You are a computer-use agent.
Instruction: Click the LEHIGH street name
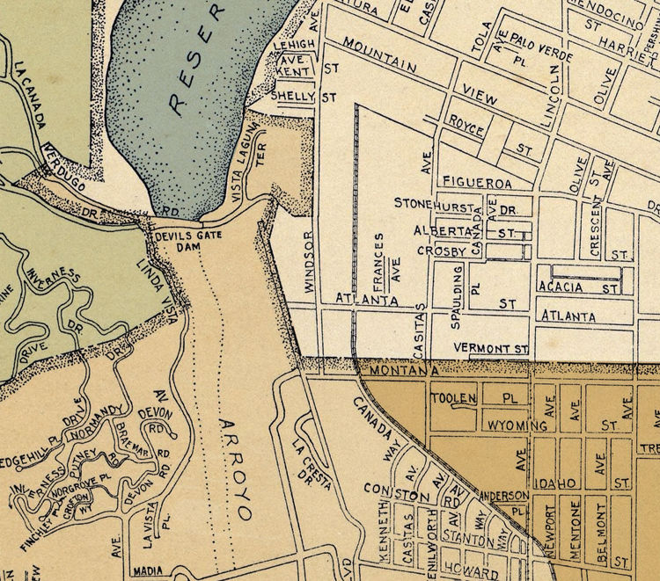(293, 43)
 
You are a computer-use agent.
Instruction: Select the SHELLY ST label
(304, 96)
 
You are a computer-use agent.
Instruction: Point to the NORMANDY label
(93, 419)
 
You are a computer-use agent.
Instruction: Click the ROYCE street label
(466, 125)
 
